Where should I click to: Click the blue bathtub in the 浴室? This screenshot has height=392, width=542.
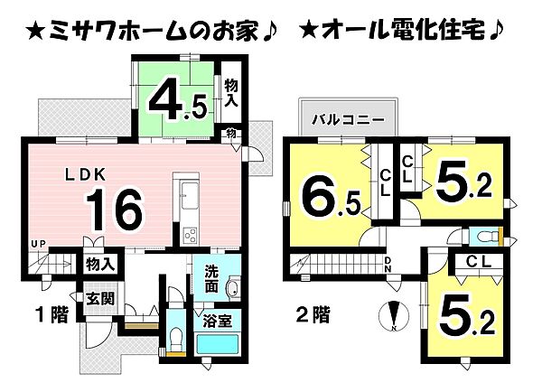click(217, 345)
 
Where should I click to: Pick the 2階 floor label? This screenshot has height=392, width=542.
click(313, 315)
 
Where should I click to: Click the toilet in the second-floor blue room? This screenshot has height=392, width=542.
click(488, 237)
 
